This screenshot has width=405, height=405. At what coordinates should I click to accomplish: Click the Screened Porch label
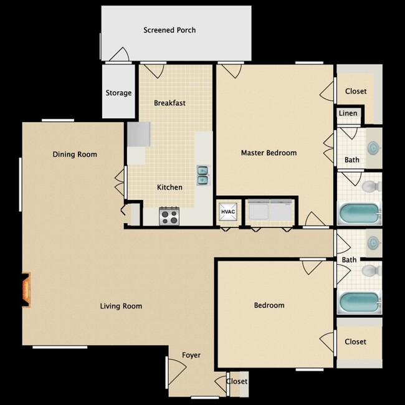click(169, 30)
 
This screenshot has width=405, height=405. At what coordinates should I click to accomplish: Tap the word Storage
click(118, 93)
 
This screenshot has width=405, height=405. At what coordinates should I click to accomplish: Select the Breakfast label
click(170, 103)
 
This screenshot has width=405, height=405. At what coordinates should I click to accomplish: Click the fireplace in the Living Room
click(26, 290)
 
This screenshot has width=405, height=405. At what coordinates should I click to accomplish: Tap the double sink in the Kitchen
click(203, 175)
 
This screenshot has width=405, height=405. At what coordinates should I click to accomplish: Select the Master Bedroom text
click(269, 153)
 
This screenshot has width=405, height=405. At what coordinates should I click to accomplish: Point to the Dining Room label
click(75, 155)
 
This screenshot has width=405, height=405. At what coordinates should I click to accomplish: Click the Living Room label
click(121, 306)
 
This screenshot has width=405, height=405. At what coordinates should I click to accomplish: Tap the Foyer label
click(191, 355)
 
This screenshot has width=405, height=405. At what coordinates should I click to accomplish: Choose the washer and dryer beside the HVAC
click(269, 211)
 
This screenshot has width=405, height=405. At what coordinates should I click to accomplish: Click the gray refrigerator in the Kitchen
click(138, 133)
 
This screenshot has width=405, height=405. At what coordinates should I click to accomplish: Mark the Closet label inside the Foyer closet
click(237, 381)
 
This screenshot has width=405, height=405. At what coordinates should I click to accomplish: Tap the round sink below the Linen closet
click(373, 148)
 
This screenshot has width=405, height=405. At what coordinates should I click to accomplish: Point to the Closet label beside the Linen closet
click(356, 91)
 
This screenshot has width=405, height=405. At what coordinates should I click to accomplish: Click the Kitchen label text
click(169, 187)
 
